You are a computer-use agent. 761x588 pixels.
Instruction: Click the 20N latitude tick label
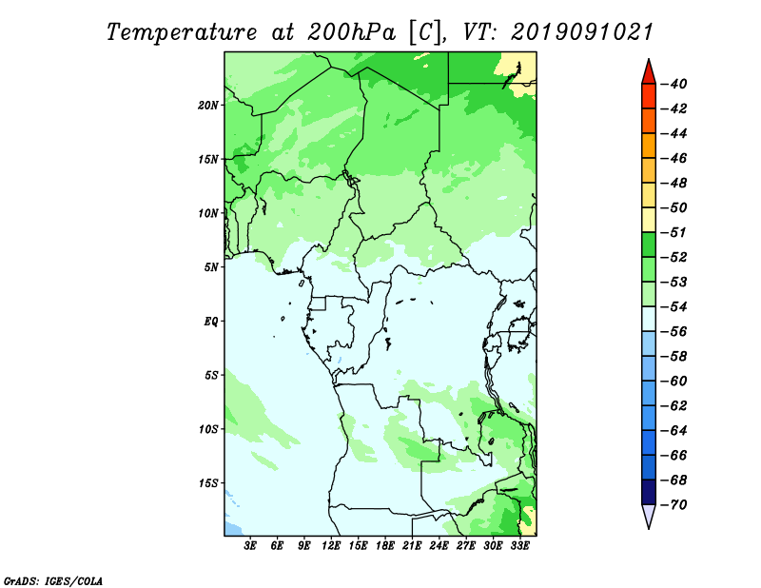[207, 106]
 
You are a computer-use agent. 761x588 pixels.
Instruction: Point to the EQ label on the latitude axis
[210, 322]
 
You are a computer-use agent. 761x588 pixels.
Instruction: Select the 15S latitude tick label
[207, 483]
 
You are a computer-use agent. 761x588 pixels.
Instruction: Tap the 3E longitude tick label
[250, 545]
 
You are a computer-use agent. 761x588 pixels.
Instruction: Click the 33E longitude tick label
[519, 545]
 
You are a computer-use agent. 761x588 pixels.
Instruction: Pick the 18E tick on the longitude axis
[385, 545]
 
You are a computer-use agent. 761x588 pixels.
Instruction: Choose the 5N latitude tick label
[210, 267]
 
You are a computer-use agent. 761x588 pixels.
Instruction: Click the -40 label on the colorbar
[674, 84]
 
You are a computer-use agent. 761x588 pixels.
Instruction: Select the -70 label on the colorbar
[674, 505]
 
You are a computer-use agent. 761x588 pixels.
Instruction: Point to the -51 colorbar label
[674, 232]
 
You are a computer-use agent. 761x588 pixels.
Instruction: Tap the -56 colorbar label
[674, 332]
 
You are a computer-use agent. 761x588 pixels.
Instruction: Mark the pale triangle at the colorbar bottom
[649, 515]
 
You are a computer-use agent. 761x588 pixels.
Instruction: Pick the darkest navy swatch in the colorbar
[649, 492]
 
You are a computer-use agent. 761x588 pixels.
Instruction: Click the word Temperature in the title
[182, 32]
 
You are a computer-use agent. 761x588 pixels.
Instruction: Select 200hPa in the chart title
[352, 32]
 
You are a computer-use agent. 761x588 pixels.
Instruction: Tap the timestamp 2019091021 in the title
[581, 32]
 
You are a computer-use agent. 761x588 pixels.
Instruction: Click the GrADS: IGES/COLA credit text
[53, 581]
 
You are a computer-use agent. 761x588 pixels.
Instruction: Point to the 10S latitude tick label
[207, 429]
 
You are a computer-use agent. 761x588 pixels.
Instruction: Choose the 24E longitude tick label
[439, 545]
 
